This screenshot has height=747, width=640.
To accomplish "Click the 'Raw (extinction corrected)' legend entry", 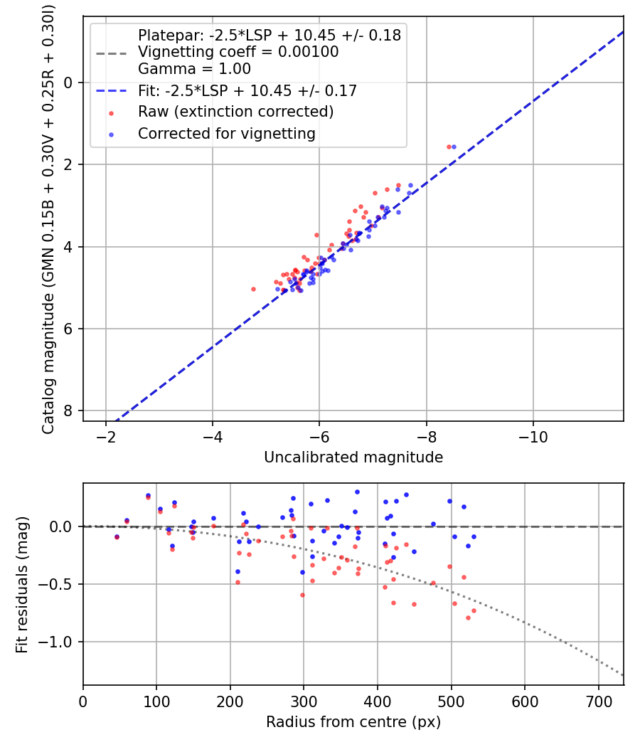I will (x=235, y=112).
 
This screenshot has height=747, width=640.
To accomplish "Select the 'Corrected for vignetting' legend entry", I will (x=227, y=133).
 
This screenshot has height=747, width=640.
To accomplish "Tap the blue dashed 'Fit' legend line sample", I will (x=111, y=91).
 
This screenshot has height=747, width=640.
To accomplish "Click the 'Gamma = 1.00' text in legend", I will (x=194, y=70).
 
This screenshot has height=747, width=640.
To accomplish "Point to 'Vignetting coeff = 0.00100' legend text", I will (x=238, y=52).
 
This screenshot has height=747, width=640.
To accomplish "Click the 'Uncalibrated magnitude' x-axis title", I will (x=353, y=457).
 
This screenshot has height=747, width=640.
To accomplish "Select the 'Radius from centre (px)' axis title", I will (x=353, y=722).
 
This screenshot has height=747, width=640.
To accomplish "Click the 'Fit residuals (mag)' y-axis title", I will (x=22, y=584).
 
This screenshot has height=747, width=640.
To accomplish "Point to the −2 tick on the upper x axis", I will (x=106, y=436).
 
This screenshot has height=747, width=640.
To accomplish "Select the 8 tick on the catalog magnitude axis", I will (x=69, y=410).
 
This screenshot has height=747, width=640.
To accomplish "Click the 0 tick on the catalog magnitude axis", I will (x=69, y=83).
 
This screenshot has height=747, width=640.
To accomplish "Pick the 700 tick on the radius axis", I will (x=598, y=701).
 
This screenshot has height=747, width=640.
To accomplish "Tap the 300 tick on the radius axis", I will (x=304, y=701).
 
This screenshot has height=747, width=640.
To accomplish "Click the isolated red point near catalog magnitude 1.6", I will (x=449, y=147).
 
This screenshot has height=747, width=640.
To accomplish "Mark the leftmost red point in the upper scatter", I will (x=253, y=289).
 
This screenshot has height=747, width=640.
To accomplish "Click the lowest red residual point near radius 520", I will (x=468, y=618).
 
